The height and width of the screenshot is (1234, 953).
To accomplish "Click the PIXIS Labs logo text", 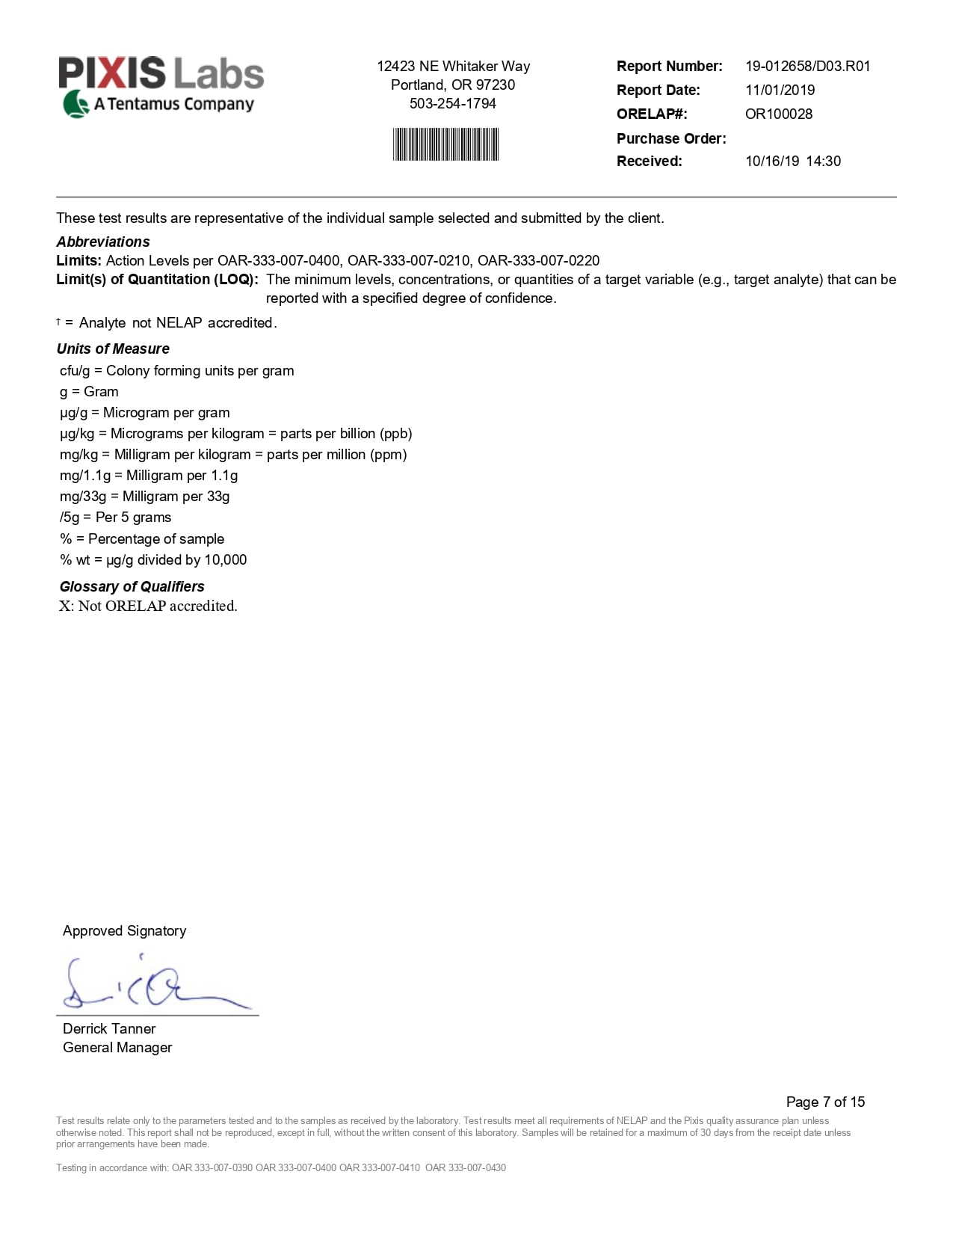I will [161, 73].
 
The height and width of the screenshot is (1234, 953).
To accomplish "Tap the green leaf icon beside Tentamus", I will [75, 104].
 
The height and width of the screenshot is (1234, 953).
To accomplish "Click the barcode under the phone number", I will [445, 144].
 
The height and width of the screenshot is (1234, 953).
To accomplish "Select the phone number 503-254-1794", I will [452, 104].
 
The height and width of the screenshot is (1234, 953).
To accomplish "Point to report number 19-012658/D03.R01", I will [807, 67].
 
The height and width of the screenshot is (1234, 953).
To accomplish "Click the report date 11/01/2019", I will [780, 90].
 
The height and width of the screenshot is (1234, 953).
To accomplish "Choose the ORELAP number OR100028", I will [778, 114].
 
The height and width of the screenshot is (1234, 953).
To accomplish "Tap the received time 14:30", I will [823, 162].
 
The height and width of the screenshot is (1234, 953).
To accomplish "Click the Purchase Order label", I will [670, 138].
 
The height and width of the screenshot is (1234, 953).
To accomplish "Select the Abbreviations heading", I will [103, 242].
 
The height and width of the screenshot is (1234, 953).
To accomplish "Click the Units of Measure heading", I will [113, 349].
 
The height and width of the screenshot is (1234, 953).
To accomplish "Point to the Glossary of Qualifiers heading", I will [132, 587].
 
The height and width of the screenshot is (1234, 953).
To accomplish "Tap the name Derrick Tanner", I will [109, 1029].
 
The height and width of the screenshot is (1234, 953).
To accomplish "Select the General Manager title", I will [117, 1048].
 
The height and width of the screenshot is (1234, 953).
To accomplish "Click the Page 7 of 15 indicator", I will [825, 1102].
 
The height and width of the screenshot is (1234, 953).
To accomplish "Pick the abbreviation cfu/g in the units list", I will [75, 371].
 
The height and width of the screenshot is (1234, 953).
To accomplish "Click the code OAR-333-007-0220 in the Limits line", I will [538, 261].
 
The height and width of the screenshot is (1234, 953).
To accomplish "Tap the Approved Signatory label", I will [124, 931].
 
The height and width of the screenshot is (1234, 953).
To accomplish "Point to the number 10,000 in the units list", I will [225, 560].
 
